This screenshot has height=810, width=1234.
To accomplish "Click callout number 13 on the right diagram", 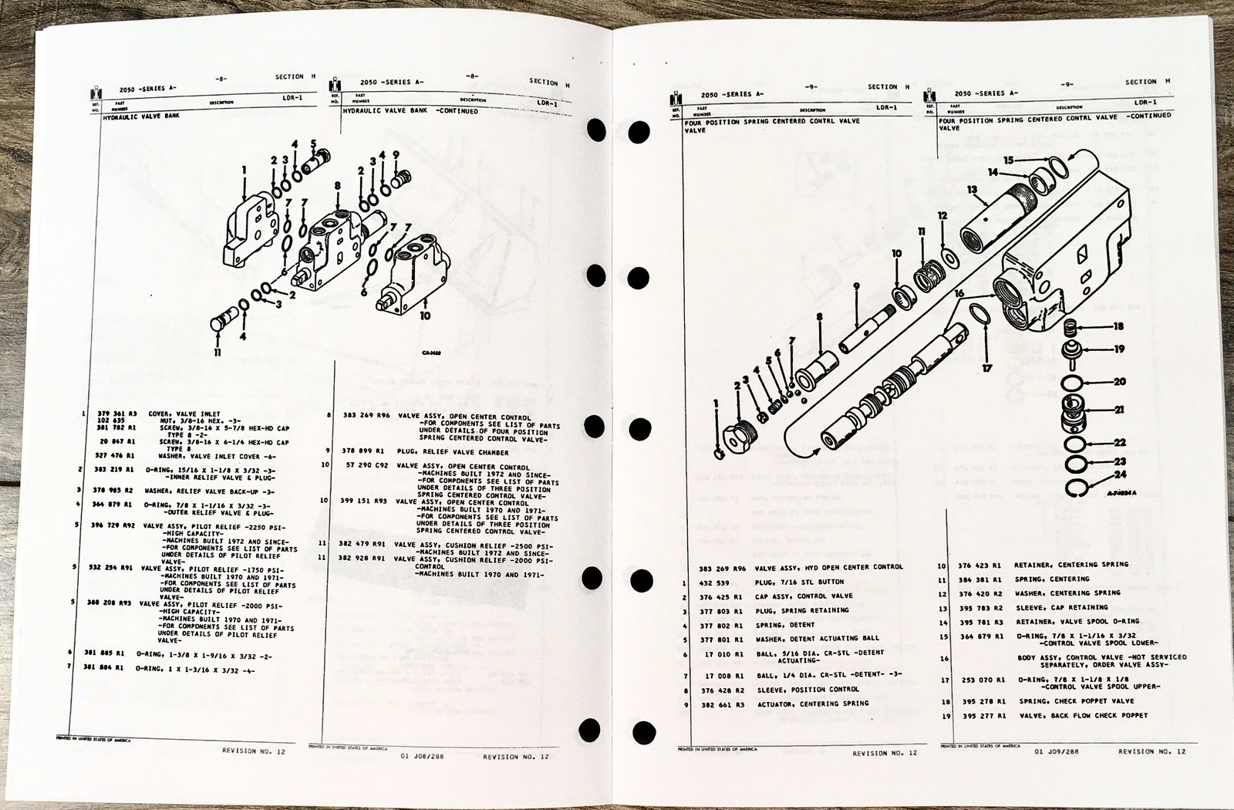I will (972, 190).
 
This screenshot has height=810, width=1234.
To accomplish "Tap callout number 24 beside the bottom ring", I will (1120, 474).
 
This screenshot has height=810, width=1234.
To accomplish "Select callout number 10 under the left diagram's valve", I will (425, 315).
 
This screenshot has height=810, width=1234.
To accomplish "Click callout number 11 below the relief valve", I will (217, 353).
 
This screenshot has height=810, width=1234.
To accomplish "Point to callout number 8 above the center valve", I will (337, 186).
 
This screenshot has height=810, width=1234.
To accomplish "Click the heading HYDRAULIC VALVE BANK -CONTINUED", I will (410, 111).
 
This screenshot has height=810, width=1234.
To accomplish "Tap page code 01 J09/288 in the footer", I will (1057, 751).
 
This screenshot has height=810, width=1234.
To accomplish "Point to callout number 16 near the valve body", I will (959, 294).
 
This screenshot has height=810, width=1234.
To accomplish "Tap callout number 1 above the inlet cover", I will (244, 170).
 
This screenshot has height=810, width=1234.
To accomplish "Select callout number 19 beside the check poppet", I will (1119, 349).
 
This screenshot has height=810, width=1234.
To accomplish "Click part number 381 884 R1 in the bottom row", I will (103, 667).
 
